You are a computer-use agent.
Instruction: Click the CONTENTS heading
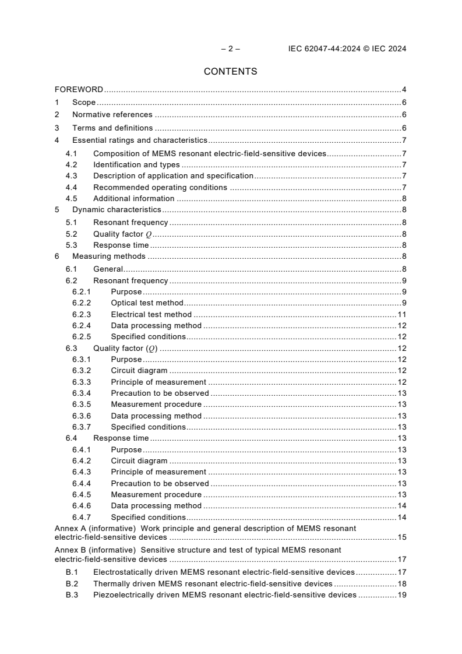pos(230,72)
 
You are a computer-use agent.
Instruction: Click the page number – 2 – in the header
pos(230,49)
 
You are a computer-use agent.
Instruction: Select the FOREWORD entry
pos(79,90)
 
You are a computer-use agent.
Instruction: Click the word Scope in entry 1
pos(84,103)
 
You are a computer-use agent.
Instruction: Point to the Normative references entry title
pos(112,115)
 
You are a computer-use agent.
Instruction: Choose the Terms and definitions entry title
pos(112,128)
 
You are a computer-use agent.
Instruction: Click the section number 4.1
pos(71,154)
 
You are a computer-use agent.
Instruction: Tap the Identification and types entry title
pos(136,165)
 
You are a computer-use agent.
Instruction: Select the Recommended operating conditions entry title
pos(160,187)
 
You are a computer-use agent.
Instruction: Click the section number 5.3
pos(71,245)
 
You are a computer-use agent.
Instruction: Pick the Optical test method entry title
pos(147,303)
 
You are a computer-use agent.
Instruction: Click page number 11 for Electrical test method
pos(401,314)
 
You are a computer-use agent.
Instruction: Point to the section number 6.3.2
pos(82,371)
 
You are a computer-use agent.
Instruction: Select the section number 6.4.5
pos(82,494)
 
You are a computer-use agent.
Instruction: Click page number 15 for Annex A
pos(401,537)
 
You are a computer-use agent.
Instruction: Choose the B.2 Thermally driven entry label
pos(71,583)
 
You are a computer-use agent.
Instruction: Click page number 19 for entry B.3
pos(401,595)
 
